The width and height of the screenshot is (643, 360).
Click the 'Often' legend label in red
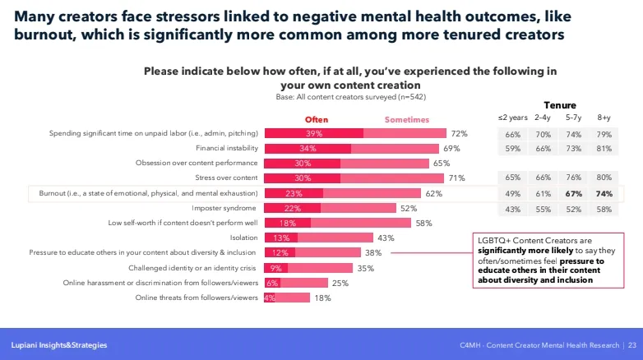tap(317, 119)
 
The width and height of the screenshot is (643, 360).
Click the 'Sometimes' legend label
tap(407, 119)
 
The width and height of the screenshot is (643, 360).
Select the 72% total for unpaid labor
tap(459, 134)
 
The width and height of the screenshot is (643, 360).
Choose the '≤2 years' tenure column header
tap(513, 118)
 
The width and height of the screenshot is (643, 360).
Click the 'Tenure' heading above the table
tap(560, 105)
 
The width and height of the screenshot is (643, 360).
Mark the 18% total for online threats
tap(322, 298)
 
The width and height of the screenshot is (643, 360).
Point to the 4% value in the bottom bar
tap(269, 298)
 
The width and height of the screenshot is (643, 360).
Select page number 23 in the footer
tap(631, 344)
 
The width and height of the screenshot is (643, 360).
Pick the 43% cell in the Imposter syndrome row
tap(513, 209)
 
